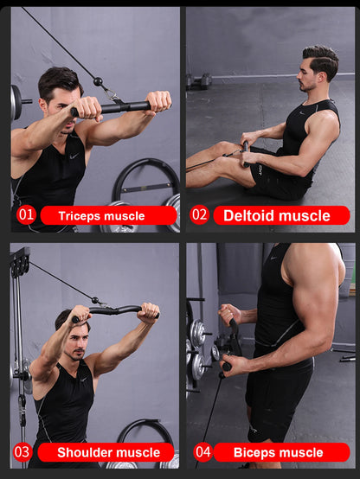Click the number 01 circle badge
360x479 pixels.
(26, 214)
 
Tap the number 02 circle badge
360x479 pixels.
(200, 214)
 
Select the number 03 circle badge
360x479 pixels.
(22, 451)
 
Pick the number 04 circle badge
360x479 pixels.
(202, 451)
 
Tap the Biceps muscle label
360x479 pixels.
(281, 452)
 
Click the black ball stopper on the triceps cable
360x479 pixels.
(98, 82)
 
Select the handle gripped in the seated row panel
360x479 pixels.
(246, 154)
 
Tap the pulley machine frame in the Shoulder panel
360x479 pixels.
(18, 346)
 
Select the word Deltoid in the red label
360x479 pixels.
(252, 215)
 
